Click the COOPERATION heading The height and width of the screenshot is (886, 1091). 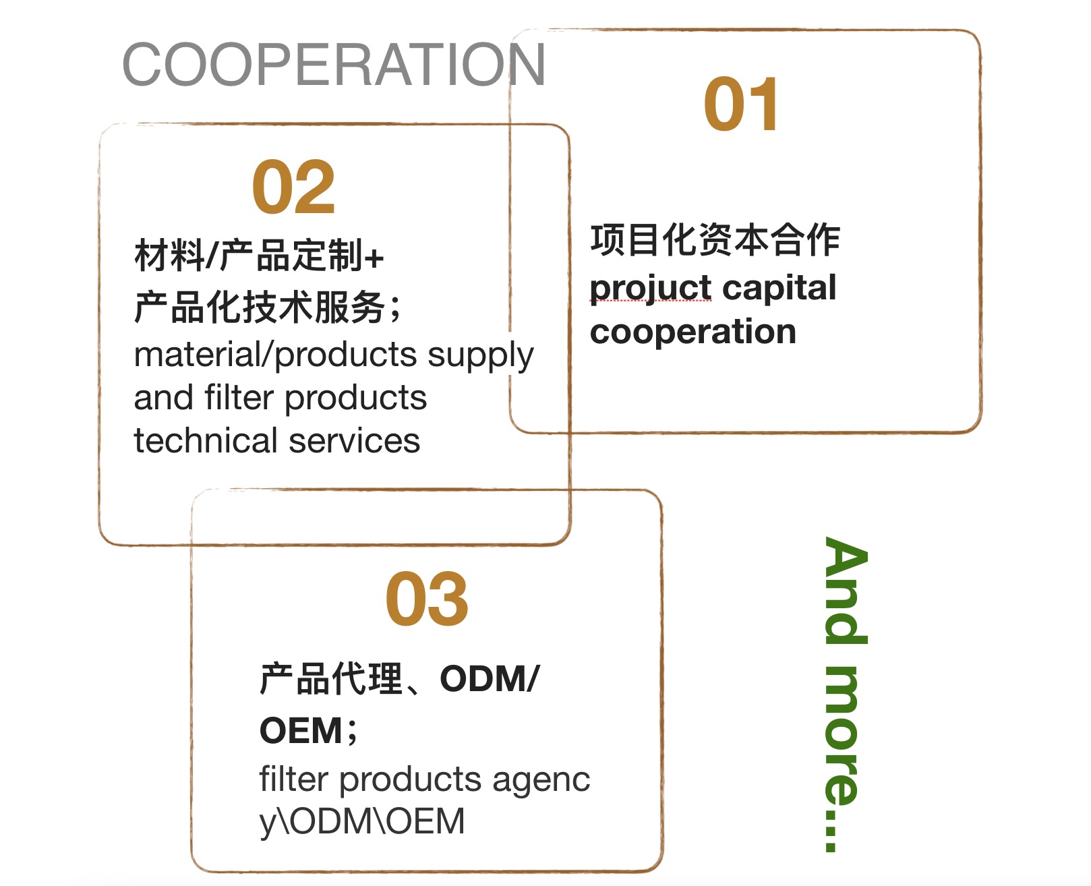point(333,65)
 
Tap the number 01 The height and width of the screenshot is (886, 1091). point(741,105)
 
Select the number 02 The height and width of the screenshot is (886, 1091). point(293,187)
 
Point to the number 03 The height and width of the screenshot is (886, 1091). point(426,599)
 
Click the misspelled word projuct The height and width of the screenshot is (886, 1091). point(651,289)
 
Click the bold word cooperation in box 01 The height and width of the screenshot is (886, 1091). point(692,332)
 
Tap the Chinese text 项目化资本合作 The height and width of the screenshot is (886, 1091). point(715,240)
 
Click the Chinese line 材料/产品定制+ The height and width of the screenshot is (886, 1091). point(259,256)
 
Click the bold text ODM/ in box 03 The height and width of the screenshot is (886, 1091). point(490,678)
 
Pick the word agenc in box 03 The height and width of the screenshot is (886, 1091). point(541,781)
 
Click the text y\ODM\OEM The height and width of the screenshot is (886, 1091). point(362,822)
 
